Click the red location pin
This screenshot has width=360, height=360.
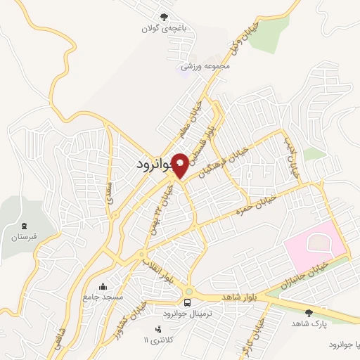pyautogui.click(x=181, y=166)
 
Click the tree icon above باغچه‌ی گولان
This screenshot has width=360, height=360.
pyautogui.click(x=164, y=17)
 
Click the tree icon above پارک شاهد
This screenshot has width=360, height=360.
pyautogui.click(x=309, y=312)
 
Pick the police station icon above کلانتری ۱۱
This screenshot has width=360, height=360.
pyautogui.click(x=157, y=328)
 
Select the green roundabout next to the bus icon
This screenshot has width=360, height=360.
pyautogui.click(x=188, y=292)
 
